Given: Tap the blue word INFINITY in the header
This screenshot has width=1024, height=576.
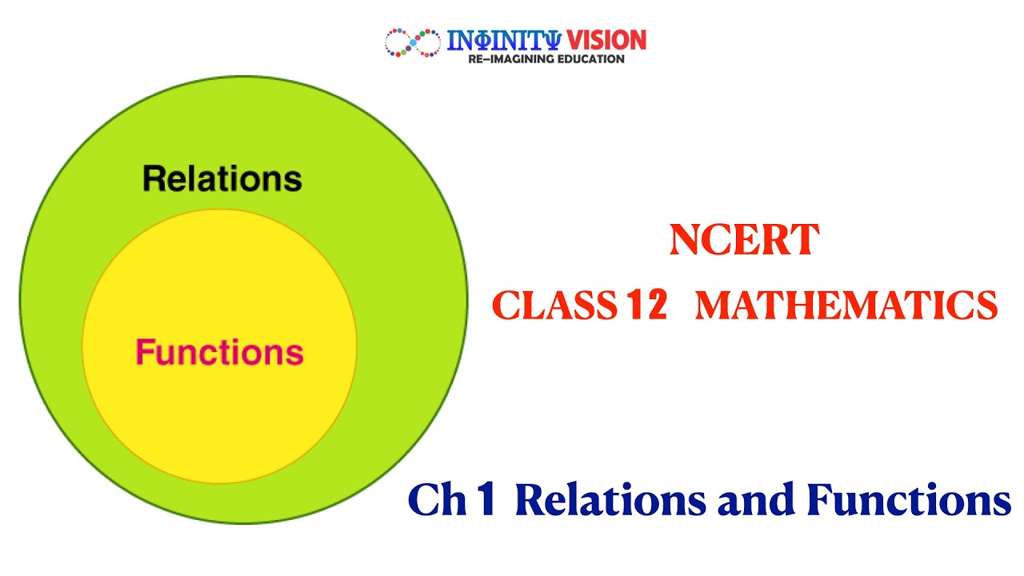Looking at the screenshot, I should click(x=504, y=40).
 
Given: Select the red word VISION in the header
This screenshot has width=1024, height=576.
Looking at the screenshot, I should click(x=606, y=40).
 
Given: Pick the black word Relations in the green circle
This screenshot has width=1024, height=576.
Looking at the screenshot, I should click(x=222, y=178).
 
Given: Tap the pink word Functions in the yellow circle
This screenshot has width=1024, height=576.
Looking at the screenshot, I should click(x=220, y=352).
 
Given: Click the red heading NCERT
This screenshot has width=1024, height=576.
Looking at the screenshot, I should click(x=744, y=241).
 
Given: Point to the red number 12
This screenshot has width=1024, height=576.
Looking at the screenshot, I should click(x=647, y=306).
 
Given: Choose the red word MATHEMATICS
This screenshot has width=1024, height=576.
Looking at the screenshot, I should click(x=846, y=306).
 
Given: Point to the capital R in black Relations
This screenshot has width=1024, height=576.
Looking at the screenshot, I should click(x=154, y=178).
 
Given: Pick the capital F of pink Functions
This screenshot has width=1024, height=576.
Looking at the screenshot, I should click(x=144, y=352).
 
